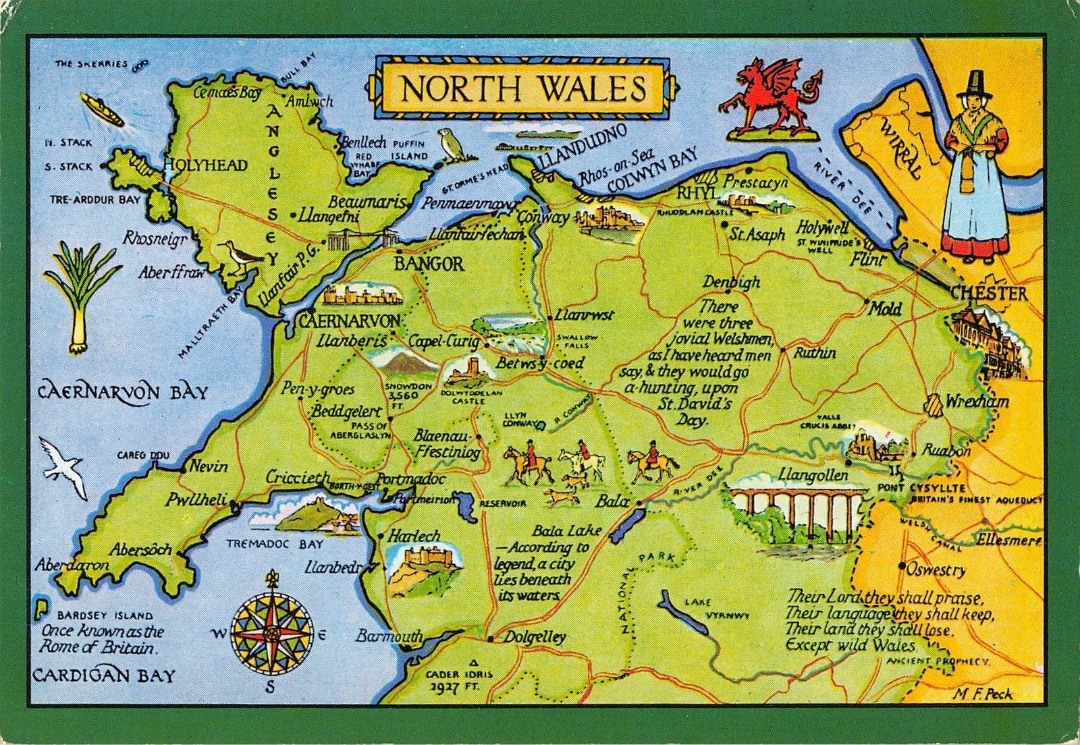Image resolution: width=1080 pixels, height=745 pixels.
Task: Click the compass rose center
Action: [272, 633]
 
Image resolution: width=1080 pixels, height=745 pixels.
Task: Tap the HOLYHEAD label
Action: [207, 165]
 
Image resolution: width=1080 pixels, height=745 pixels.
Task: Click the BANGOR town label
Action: [430, 263]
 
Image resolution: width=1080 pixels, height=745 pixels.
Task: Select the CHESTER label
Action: [989, 293]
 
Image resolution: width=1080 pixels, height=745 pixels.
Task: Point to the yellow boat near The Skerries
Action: [102, 110]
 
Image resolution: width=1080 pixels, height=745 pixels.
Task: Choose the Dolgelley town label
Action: [535, 636]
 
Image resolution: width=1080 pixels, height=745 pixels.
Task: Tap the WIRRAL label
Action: [900, 148]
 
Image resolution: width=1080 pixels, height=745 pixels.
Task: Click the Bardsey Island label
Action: [105, 615]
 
